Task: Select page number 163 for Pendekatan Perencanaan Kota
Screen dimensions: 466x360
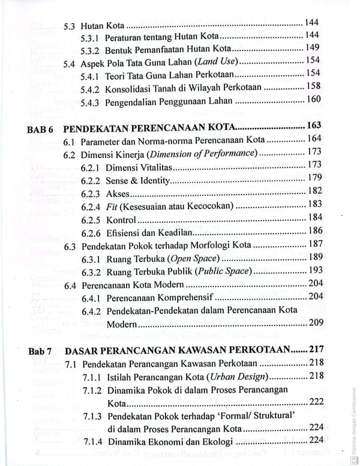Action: coord(313,126)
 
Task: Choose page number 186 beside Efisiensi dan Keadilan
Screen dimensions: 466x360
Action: coord(315,231)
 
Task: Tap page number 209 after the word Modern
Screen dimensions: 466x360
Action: coord(315,323)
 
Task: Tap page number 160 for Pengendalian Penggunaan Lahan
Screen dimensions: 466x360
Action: coord(314,100)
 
